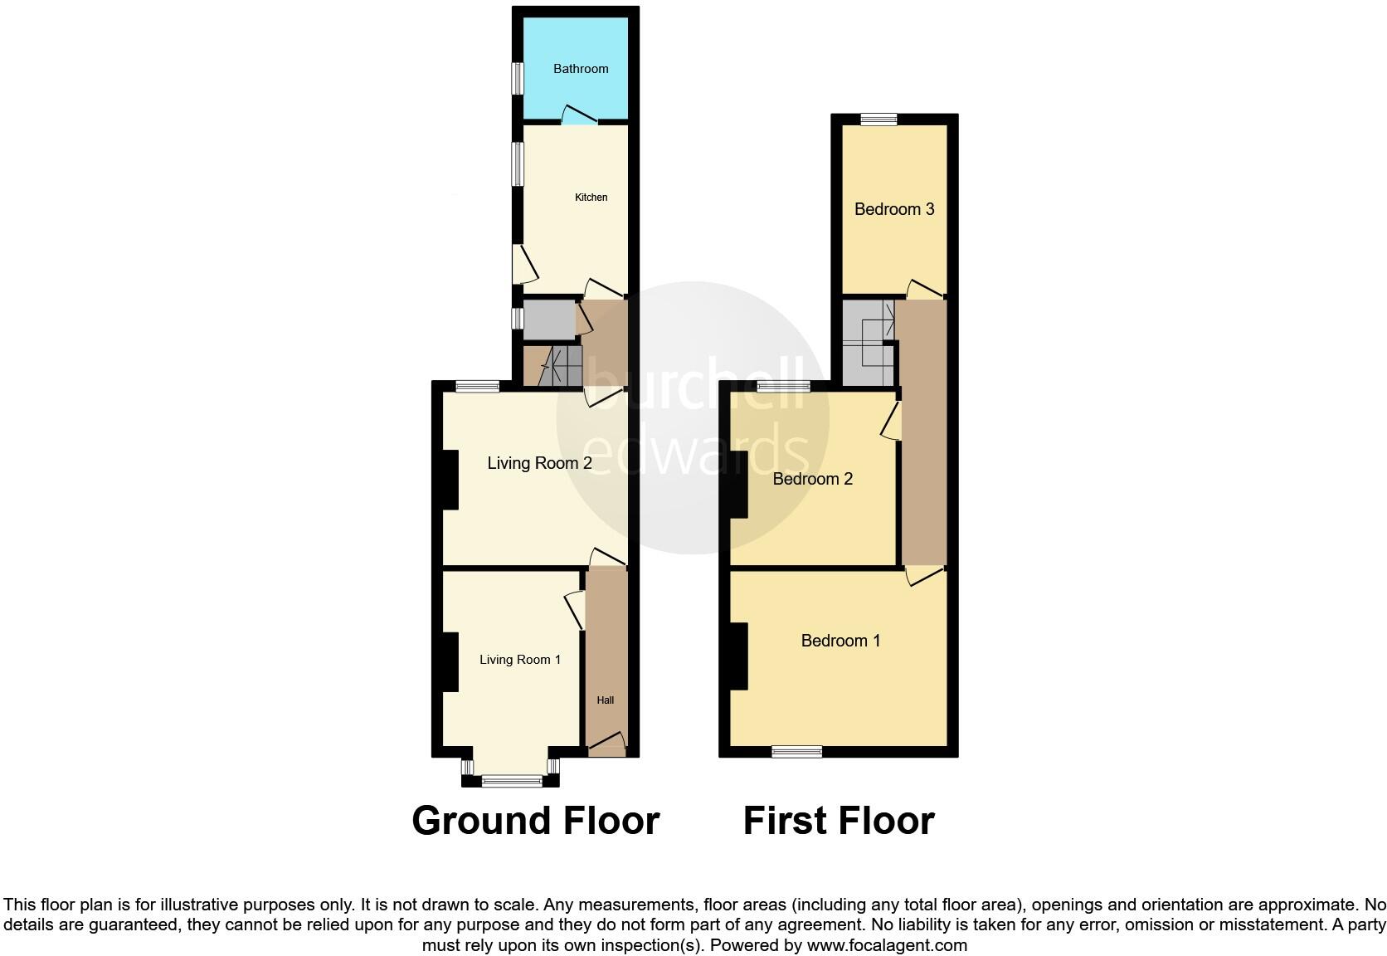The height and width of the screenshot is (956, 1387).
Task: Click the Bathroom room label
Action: [581, 69]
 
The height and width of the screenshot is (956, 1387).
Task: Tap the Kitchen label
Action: [591, 198]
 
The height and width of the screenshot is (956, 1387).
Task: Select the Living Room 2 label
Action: [539, 463]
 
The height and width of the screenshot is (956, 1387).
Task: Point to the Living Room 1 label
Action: [520, 660]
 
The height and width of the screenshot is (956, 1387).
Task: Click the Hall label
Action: [606, 700]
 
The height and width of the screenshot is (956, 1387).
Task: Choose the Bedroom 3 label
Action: [894, 209]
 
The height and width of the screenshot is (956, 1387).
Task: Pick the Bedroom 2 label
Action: [812, 479]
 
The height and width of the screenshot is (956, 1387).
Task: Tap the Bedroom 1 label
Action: [840, 641]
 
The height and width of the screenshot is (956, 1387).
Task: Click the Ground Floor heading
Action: [535, 821]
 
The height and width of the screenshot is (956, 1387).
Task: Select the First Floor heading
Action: [839, 821]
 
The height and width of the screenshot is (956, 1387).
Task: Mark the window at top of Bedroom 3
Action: [878, 119]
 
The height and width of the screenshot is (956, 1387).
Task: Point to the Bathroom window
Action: [517, 79]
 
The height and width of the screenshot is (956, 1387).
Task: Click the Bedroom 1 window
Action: [796, 752]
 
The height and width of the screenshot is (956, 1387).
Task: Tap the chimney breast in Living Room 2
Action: [449, 480]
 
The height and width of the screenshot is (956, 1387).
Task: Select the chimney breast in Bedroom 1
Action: [738, 656]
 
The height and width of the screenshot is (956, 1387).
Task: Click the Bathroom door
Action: [580, 116]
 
